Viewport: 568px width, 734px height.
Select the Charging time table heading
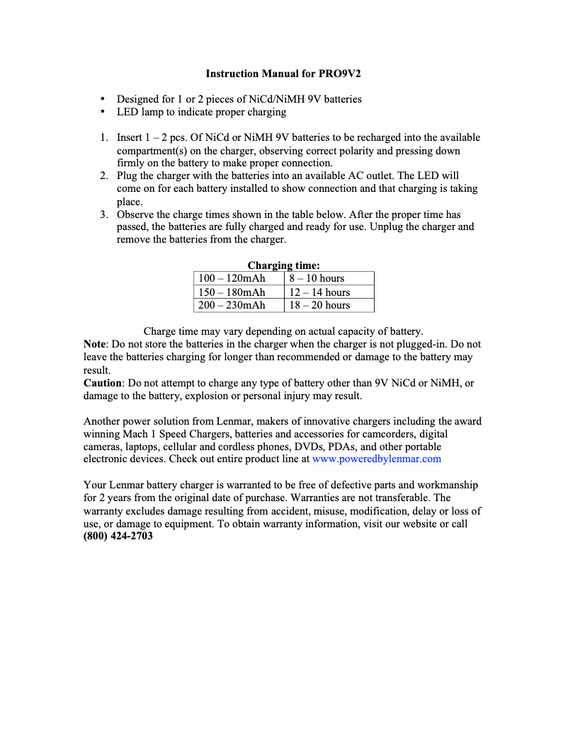pos(283,265)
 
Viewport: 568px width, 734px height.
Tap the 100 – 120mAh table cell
pos(232,279)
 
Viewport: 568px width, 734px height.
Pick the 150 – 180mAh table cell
pos(232,292)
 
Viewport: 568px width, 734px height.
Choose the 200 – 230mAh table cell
pos(232,305)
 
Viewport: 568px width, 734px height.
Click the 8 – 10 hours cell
pos(316,279)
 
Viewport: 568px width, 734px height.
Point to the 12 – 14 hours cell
pos(319,292)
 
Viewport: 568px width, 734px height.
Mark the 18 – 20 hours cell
pos(319,305)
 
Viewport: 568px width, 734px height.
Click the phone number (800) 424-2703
pos(118,536)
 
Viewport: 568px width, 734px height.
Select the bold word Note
pos(95,345)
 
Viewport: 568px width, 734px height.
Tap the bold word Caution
pos(103,383)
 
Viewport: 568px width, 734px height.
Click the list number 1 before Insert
pos(103,137)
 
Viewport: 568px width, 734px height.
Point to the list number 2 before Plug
pos(103,176)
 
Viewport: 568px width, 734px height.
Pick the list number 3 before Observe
pos(103,214)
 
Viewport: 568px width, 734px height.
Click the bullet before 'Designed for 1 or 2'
pos(103,99)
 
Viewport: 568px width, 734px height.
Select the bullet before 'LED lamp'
pos(103,112)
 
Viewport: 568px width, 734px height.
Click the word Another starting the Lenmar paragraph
pos(103,420)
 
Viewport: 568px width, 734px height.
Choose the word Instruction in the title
pos(232,74)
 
